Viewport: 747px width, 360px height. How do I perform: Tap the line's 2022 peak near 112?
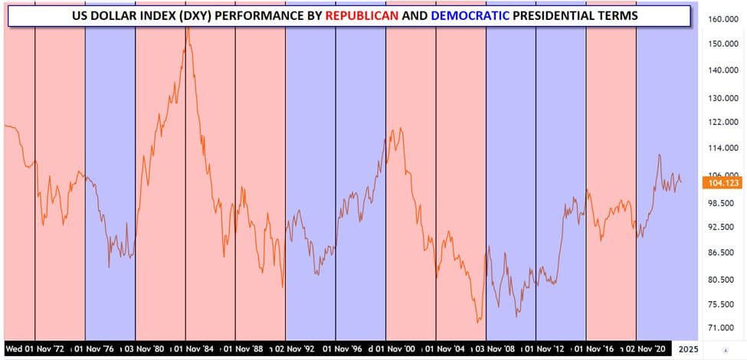pyautogui.click(x=659, y=155)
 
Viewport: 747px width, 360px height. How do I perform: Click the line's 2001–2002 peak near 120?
pyautogui.click(x=400, y=129)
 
